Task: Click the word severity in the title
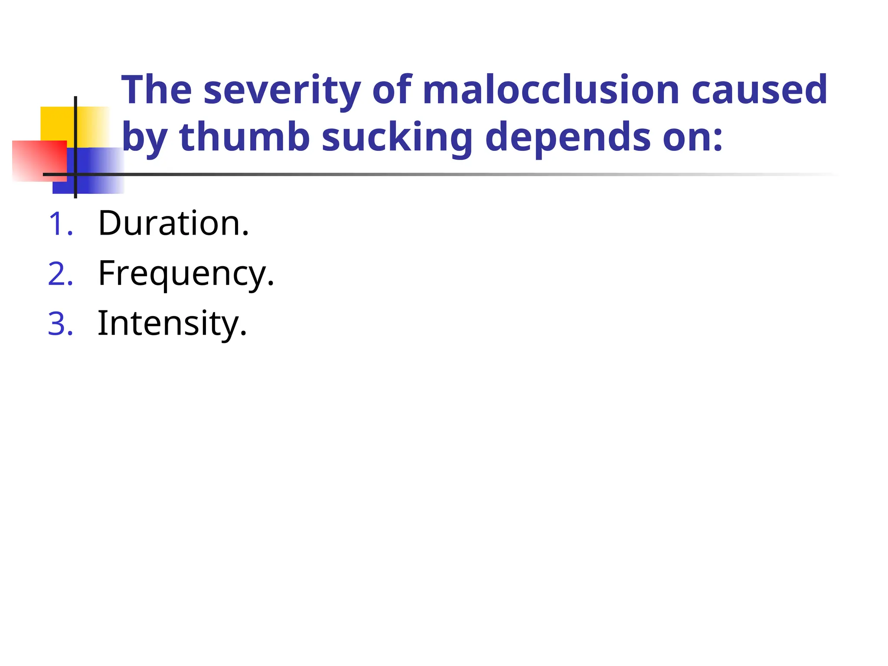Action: tap(282, 90)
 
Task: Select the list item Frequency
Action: tap(186, 274)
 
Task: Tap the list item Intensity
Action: tap(172, 324)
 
